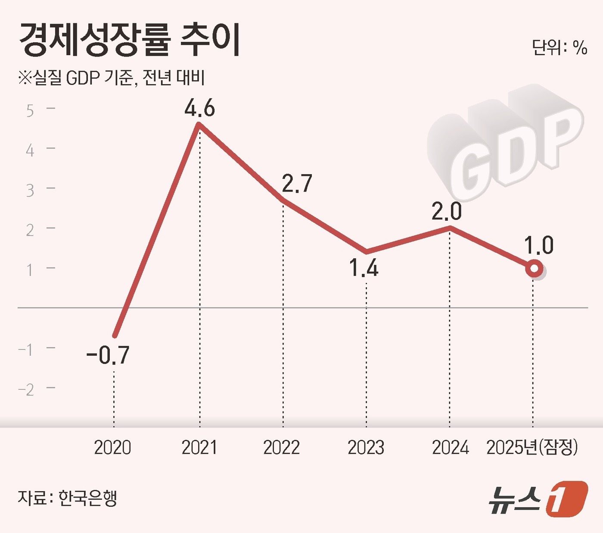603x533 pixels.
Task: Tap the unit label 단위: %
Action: click(x=559, y=47)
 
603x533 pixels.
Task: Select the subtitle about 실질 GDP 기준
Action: click(x=111, y=78)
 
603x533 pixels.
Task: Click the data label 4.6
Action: click(x=199, y=108)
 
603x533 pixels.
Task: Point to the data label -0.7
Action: click(x=108, y=355)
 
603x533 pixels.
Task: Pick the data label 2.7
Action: click(x=297, y=184)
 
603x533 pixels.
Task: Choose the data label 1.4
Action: click(x=364, y=268)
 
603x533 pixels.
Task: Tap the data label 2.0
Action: click(x=447, y=211)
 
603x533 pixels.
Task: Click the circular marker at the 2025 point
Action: click(x=534, y=269)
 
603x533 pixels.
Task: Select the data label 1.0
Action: click(x=538, y=245)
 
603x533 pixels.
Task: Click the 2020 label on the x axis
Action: click(x=112, y=448)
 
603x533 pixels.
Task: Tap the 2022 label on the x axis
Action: click(x=281, y=448)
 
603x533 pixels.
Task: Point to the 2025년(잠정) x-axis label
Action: click(x=532, y=448)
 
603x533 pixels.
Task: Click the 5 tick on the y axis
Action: click(x=30, y=111)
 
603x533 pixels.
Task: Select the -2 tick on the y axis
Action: click(x=26, y=390)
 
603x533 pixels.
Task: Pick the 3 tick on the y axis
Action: click(x=30, y=191)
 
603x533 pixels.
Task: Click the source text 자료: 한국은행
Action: click(x=67, y=498)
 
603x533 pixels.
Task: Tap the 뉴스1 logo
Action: click(x=538, y=499)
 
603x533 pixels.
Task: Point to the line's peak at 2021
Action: click(x=199, y=125)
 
